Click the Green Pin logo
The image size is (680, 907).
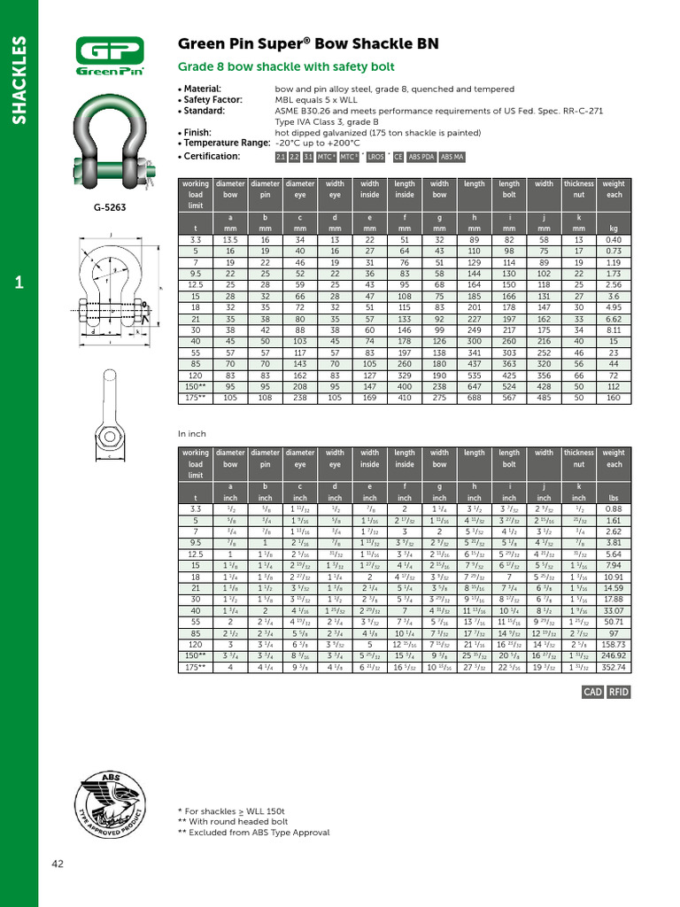pyautogui.click(x=109, y=58)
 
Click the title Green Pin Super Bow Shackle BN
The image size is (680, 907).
pyautogui.click(x=308, y=44)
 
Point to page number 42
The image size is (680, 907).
pyautogui.click(x=57, y=864)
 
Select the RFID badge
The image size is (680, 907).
pyautogui.click(x=618, y=692)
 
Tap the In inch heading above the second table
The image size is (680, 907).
pyautogui.click(x=193, y=434)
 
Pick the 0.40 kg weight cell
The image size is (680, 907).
pyautogui.click(x=613, y=240)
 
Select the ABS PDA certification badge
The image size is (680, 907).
pyautogui.click(x=421, y=157)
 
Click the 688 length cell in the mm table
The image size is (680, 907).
pyautogui.click(x=475, y=398)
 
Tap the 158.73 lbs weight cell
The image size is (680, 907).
pyautogui.click(x=613, y=644)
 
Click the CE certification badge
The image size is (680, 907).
pyautogui.click(x=398, y=157)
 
